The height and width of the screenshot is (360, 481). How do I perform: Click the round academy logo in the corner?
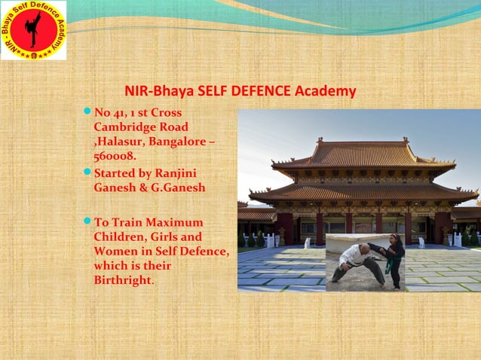(33, 30)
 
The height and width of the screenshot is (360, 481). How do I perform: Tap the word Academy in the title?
(325, 92)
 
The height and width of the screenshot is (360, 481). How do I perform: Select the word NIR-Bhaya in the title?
(154, 92)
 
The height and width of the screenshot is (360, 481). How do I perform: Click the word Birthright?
(122, 280)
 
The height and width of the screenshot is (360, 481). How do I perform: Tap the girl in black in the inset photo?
(393, 260)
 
